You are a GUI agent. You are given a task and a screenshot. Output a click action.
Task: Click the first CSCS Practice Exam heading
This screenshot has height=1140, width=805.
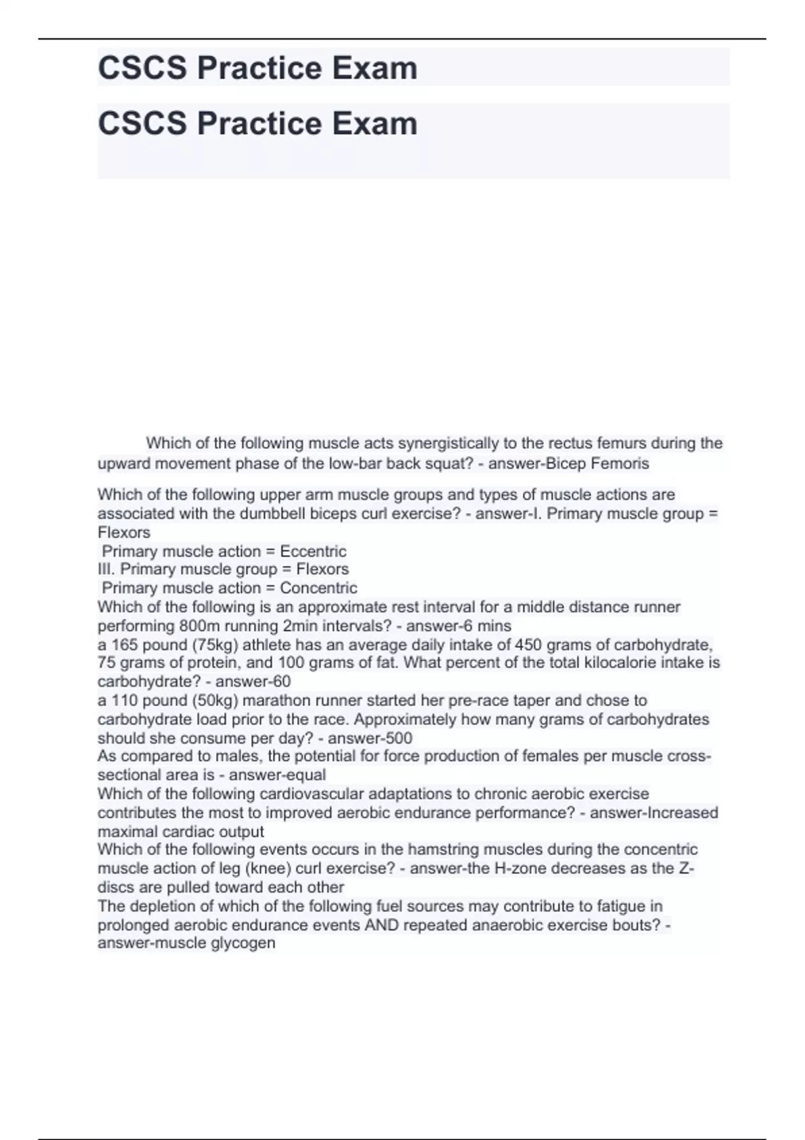coord(258,68)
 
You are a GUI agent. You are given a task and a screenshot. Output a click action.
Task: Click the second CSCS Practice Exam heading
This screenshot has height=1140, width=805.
coord(258,124)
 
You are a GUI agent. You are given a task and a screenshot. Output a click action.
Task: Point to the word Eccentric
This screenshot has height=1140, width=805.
coord(313,551)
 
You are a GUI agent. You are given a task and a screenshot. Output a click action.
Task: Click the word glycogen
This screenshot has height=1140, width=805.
coord(245,943)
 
